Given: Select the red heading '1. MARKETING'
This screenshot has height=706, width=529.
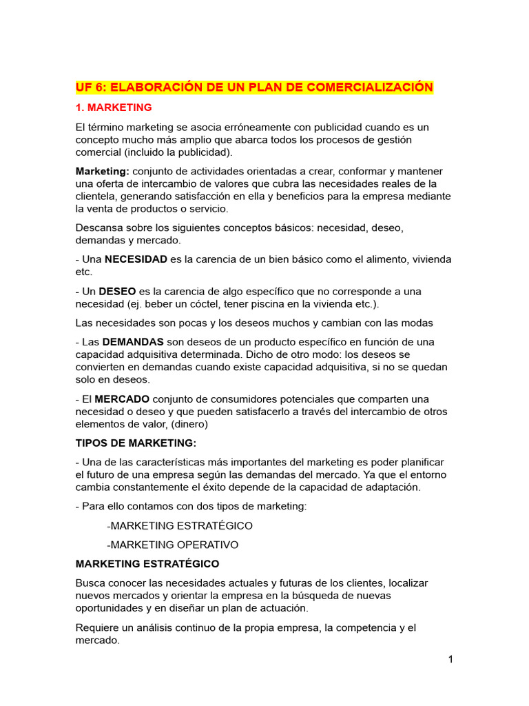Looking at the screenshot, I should tap(114, 108).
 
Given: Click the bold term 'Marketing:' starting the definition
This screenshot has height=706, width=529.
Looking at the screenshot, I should tap(102, 171).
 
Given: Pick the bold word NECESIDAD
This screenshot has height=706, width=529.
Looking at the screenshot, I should tap(136, 259).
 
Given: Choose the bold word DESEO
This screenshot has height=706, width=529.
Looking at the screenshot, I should tap(116, 292).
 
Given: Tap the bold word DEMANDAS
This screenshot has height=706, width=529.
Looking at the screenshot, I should tap(133, 342).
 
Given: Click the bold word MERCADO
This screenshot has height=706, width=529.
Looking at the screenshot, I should tap(122, 399).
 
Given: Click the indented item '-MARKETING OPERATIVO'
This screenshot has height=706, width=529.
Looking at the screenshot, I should tap(173, 545).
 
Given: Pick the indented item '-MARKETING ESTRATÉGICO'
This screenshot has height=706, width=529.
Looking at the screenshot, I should tap(180, 525).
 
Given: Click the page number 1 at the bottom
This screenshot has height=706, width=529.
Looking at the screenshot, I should tap(450, 659).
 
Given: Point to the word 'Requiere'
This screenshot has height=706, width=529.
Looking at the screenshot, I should tap(97, 628).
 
